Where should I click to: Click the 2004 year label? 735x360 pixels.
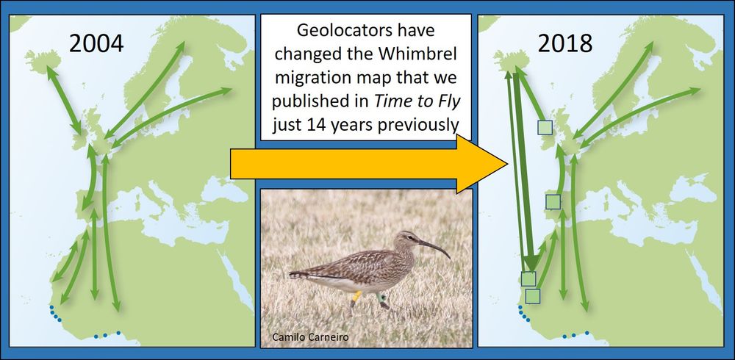tap(96, 43)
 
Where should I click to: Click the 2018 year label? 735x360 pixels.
tap(564, 43)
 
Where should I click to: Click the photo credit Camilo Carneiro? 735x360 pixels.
tap(310, 336)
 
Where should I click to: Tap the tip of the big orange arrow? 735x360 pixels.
tap(507, 164)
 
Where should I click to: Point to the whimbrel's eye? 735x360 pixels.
tap(411, 238)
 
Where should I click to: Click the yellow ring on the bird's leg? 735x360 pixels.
tap(356, 296)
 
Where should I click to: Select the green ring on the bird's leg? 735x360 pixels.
tap(382, 298)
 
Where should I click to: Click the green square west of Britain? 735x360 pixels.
tap(545, 128)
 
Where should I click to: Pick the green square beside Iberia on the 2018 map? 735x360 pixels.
tap(553, 202)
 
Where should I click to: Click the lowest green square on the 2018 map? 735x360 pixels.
tap(532, 296)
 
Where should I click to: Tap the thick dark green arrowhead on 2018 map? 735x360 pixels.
tap(531, 263)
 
